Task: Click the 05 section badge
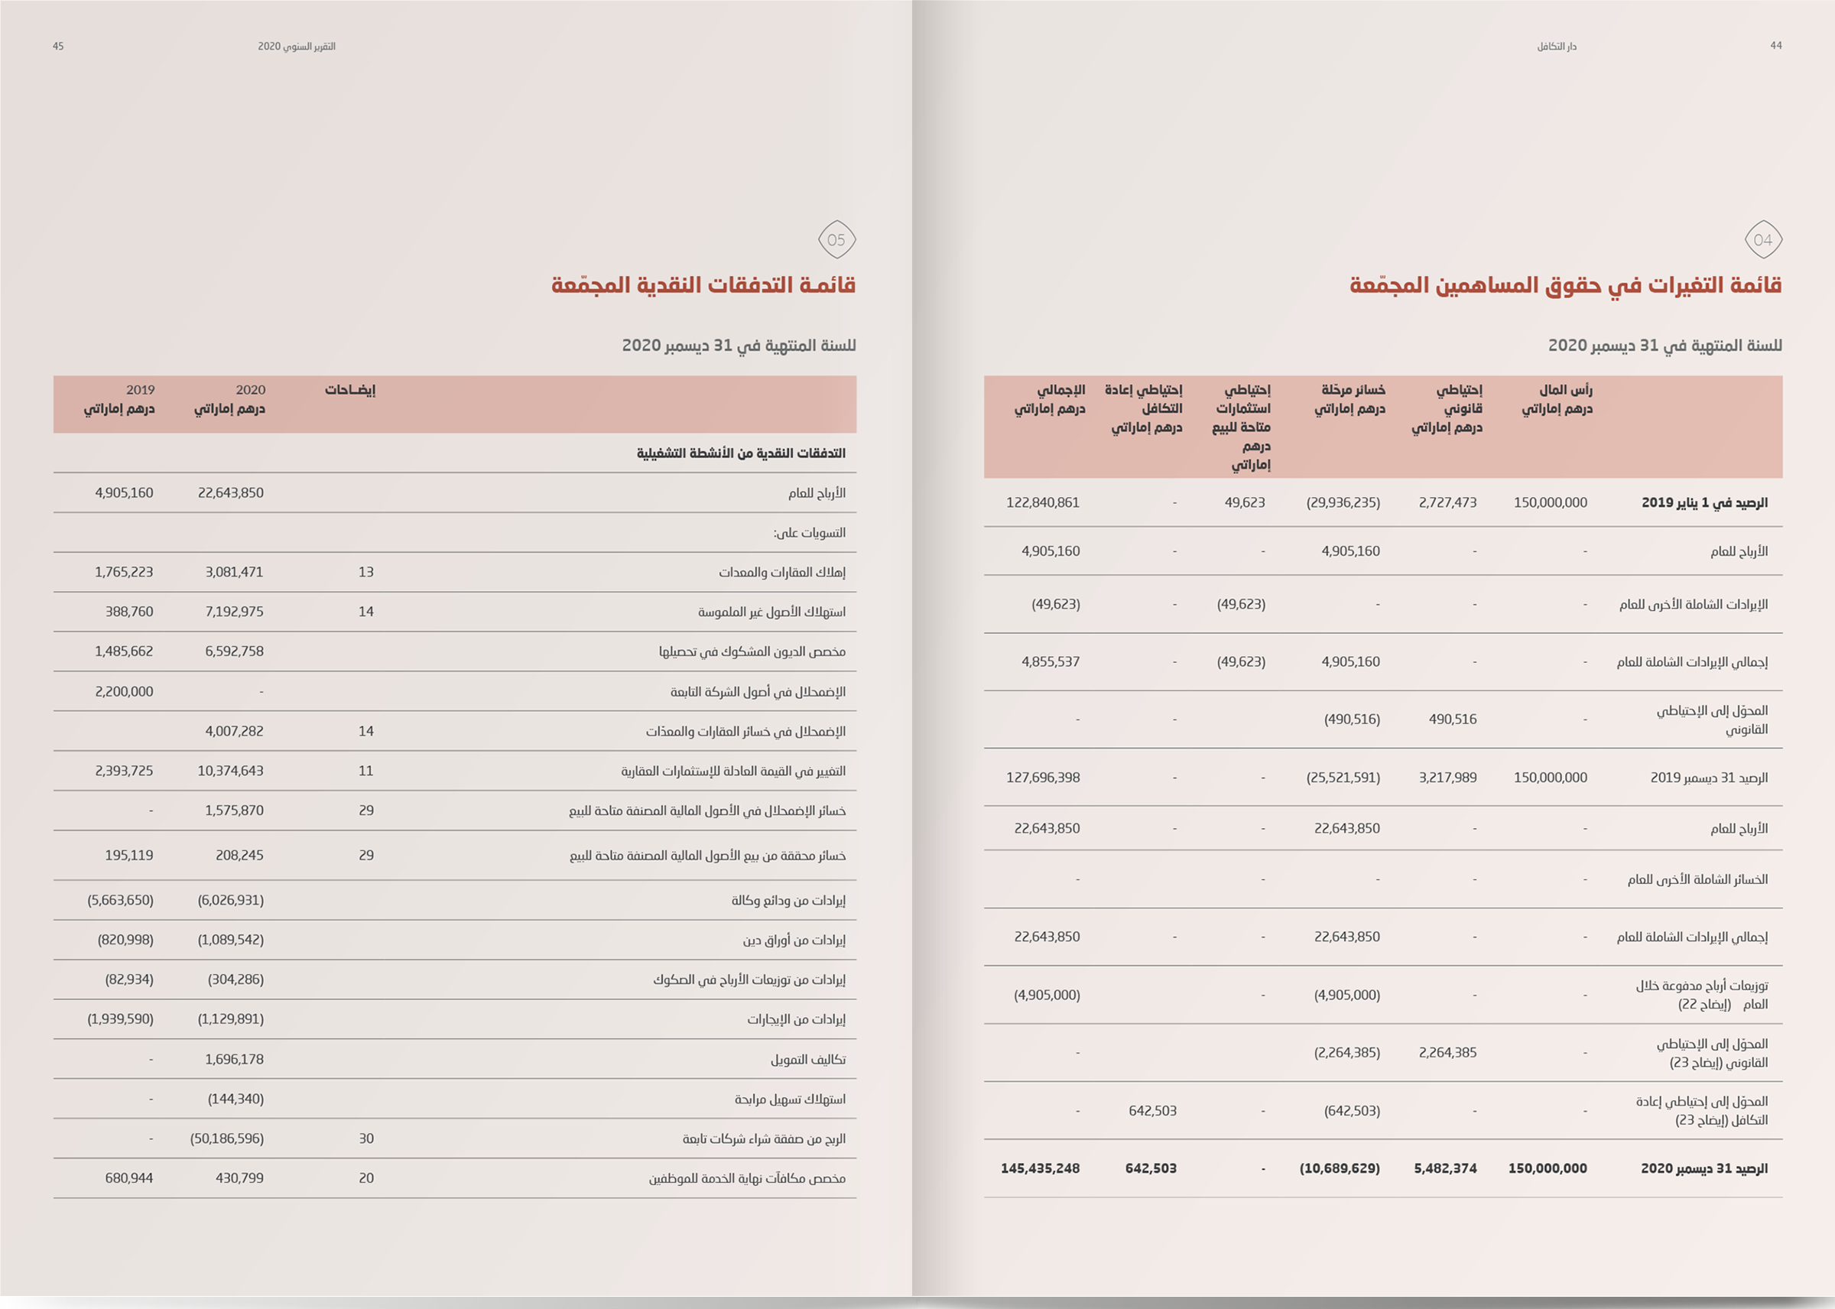click(x=836, y=239)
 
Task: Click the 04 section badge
click(x=1762, y=239)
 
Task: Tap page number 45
click(x=58, y=47)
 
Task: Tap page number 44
click(x=1775, y=46)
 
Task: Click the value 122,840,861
click(x=1042, y=503)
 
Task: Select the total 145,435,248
click(x=1040, y=1169)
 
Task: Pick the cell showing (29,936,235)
click(x=1343, y=503)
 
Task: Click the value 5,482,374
click(x=1445, y=1169)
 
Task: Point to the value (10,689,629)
click(x=1340, y=1169)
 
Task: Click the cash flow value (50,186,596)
click(x=226, y=1139)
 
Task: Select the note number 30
click(x=366, y=1139)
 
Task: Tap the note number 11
click(x=366, y=771)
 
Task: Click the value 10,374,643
click(x=230, y=771)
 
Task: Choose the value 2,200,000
click(x=124, y=691)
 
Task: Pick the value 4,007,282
click(x=234, y=731)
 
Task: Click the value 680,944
click(x=129, y=1178)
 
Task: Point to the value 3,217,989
click(x=1447, y=778)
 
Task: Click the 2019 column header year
click(x=140, y=390)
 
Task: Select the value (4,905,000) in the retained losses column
click(x=1346, y=996)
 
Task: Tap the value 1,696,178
click(x=234, y=1060)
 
